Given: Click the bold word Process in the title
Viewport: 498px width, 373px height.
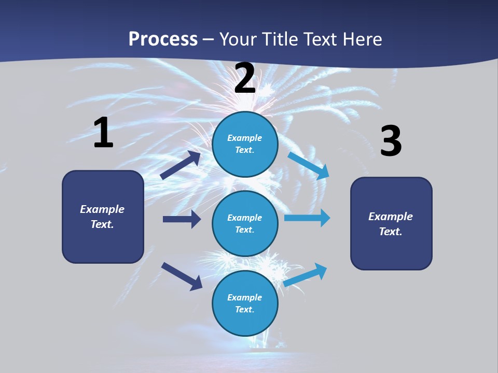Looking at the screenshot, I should click(x=163, y=39).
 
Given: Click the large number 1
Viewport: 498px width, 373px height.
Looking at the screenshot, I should click(x=103, y=133).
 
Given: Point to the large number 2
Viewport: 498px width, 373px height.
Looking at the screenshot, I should click(x=245, y=78).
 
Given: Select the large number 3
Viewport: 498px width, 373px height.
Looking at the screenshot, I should click(x=391, y=141).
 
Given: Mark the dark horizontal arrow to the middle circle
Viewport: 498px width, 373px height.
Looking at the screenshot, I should click(x=182, y=219).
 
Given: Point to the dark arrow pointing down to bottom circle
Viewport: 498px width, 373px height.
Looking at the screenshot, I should click(x=182, y=276).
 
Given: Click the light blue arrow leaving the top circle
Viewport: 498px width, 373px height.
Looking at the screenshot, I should click(x=309, y=166).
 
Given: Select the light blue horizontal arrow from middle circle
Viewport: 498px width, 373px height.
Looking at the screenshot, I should click(x=307, y=218).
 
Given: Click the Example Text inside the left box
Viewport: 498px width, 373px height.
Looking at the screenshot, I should click(x=102, y=217).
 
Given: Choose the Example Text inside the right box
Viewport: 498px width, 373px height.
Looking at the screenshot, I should click(x=391, y=224).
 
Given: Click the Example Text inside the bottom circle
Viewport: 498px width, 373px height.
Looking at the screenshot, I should click(x=244, y=303).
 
